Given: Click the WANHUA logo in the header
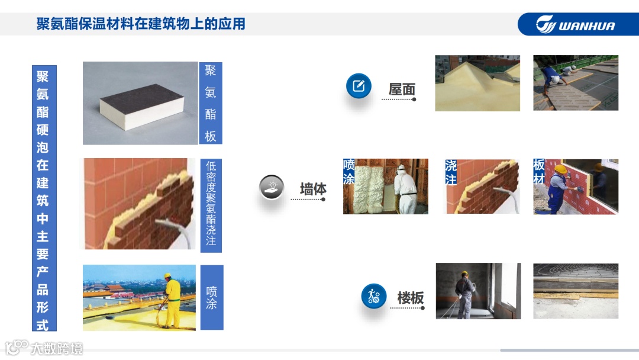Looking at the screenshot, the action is click(x=575, y=24).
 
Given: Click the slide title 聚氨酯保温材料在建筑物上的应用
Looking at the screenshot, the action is click(x=141, y=24).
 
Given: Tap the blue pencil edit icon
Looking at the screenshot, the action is click(x=359, y=86).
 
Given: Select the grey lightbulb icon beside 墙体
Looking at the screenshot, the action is click(x=272, y=187).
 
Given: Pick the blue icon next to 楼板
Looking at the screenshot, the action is click(x=374, y=296).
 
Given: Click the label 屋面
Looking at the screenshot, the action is click(x=402, y=89).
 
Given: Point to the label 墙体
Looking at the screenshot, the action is click(x=313, y=189).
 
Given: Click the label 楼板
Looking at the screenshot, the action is click(x=411, y=298).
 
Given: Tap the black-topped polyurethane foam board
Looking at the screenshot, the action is click(x=142, y=107).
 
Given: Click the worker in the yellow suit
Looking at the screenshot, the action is click(x=172, y=300).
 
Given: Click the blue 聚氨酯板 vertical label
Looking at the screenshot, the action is click(x=210, y=103).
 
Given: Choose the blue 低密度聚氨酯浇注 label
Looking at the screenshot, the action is click(x=211, y=205).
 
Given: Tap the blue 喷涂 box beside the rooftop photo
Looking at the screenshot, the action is click(x=211, y=298).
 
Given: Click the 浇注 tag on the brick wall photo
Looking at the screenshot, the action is click(x=451, y=172).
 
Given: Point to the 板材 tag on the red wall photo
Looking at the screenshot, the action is click(x=539, y=171).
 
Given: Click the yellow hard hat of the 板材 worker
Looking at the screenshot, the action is click(x=561, y=169).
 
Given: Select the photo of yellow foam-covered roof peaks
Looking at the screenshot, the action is click(x=477, y=83).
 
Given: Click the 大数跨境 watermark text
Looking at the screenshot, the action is click(x=56, y=349).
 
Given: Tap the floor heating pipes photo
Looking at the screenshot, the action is click(x=576, y=291).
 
